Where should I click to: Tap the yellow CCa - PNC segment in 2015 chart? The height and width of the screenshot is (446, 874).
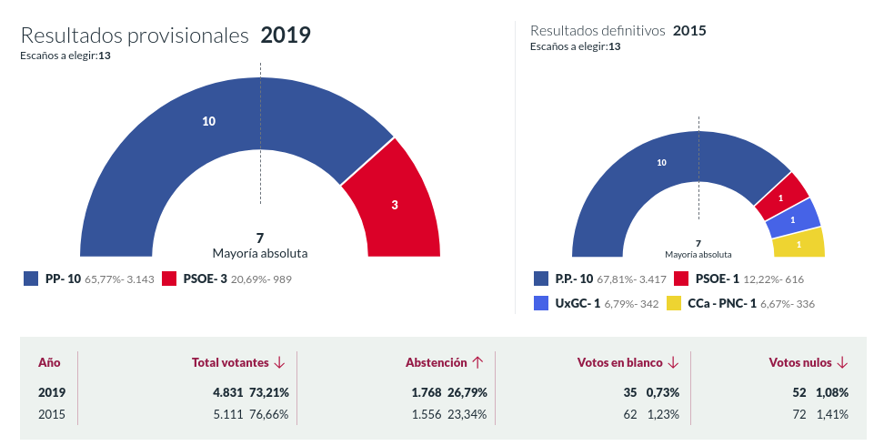point(798,244)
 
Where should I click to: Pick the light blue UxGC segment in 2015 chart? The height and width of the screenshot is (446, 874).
point(792,218)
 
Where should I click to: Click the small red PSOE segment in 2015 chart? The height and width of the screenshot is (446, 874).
point(781,196)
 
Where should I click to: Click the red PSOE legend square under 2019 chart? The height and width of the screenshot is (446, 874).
point(169,279)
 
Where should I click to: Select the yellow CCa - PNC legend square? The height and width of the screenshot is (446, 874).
point(674,303)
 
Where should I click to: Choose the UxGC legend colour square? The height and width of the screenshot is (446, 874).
point(539,303)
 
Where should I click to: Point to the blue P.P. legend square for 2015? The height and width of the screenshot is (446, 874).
point(539,279)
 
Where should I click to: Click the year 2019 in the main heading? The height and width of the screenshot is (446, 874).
point(286,35)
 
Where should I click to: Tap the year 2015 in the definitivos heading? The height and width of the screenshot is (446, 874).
point(689,30)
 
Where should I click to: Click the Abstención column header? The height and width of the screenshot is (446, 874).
point(437,362)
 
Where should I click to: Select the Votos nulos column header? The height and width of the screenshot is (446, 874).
point(799,362)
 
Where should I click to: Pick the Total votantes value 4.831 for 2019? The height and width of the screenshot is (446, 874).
point(229,392)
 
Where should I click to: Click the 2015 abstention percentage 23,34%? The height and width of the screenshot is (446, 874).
point(467,414)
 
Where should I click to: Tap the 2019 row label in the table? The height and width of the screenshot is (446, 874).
point(52,392)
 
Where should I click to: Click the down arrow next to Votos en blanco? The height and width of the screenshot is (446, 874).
point(673,362)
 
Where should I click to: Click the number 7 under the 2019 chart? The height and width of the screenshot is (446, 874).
point(260,238)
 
